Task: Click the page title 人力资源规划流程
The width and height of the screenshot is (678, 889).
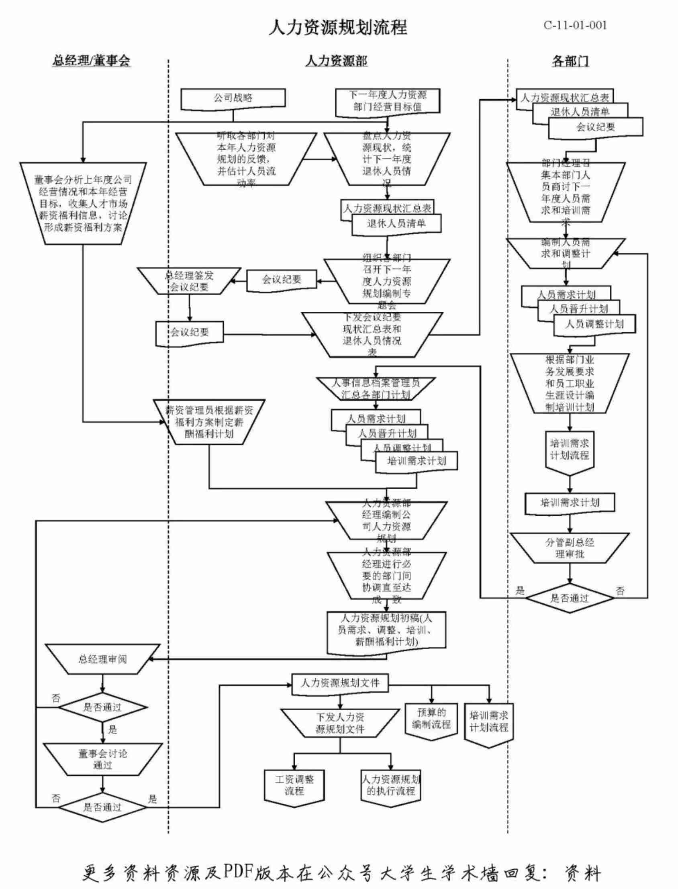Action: point(338,28)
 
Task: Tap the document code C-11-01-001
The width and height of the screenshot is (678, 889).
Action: point(575,25)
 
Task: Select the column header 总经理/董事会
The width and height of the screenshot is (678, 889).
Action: point(91,61)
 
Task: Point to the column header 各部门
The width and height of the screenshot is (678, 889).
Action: point(570,61)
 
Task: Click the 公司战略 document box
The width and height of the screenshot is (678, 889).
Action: point(233,98)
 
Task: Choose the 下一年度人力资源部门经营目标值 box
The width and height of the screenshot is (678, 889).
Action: point(388,101)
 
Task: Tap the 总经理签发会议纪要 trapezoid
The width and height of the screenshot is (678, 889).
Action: point(189,281)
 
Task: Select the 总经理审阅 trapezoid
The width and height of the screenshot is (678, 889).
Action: point(102,659)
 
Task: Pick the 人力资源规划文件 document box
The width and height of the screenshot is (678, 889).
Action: point(340,683)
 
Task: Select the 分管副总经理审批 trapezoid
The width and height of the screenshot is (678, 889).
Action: point(570,548)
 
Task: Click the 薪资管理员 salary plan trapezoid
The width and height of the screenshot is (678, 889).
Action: point(209,422)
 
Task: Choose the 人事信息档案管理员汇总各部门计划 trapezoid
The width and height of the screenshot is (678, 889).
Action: point(376,388)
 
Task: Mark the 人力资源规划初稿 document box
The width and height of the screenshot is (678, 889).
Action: point(386,630)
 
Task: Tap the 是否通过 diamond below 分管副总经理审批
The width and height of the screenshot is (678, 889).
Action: point(570,598)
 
